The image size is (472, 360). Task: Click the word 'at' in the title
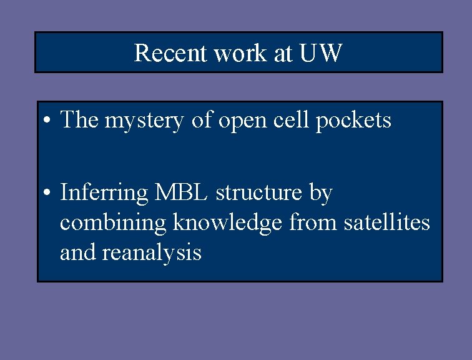pos(283,53)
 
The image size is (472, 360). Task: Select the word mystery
pos(144,120)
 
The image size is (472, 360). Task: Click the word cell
pos(293,119)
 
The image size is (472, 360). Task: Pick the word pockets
pos(353,119)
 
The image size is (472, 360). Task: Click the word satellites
pos(387,222)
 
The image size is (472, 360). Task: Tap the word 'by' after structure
pos(321,194)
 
